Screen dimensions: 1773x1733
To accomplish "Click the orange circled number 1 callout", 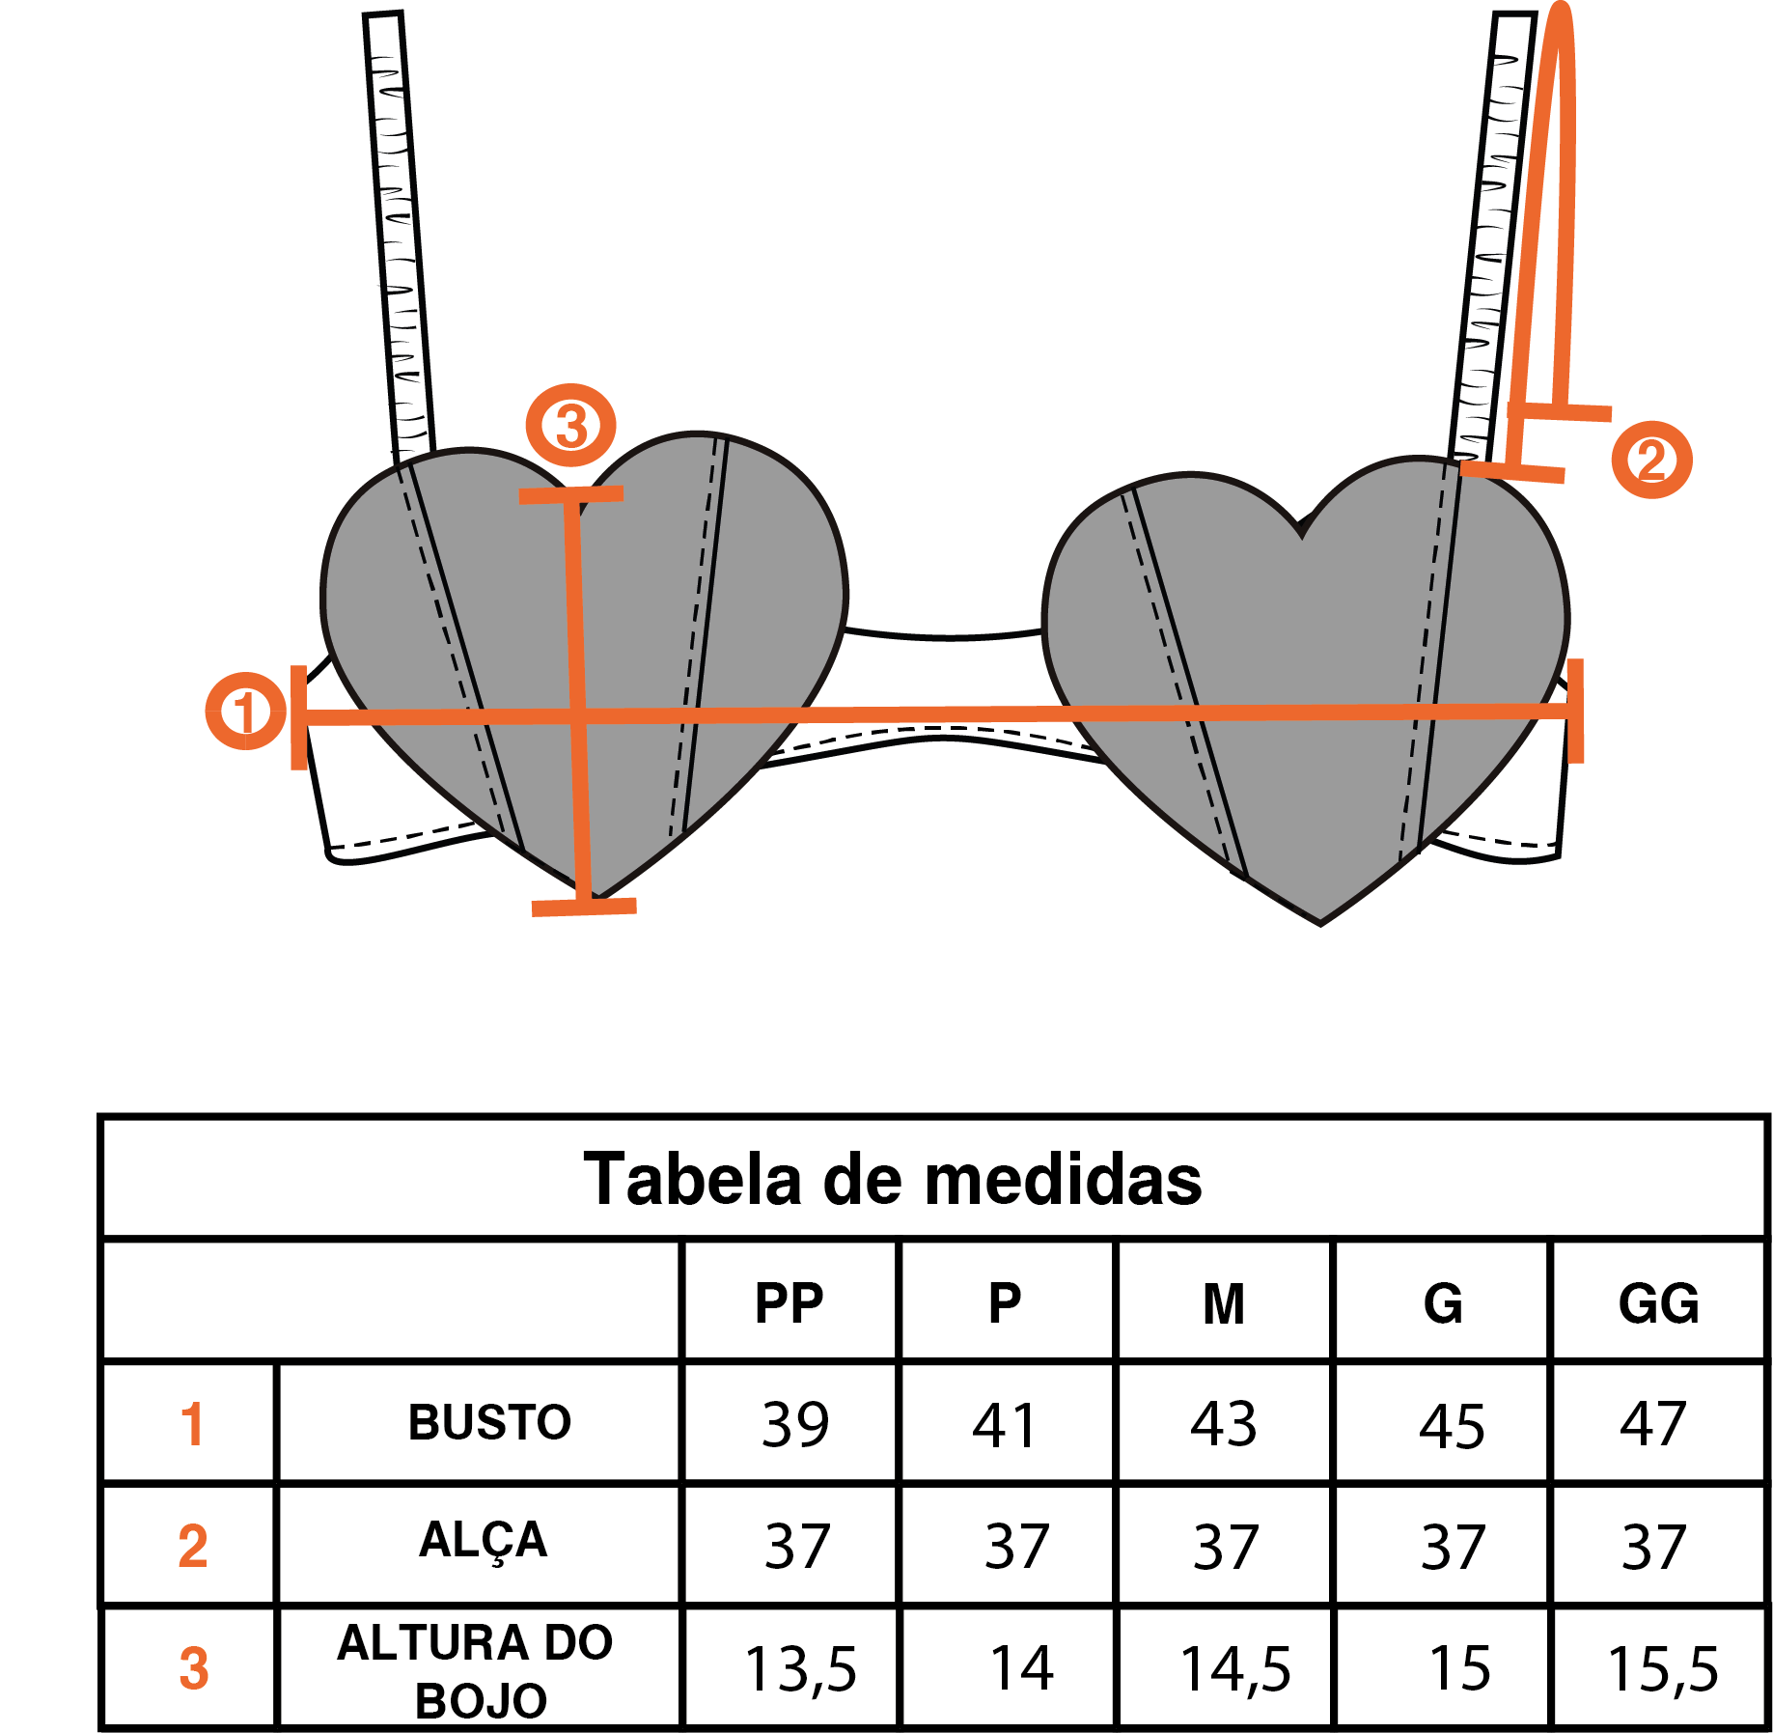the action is point(245,711).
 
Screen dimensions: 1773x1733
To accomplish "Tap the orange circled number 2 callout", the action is point(1651,460).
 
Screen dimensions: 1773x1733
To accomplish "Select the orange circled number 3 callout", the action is point(570,425).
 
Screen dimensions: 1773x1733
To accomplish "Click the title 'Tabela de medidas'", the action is point(893,1179).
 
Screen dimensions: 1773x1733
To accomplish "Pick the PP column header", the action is point(789,1303).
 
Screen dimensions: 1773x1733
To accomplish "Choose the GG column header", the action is point(1658,1303).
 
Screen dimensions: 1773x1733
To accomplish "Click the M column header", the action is point(1224,1303).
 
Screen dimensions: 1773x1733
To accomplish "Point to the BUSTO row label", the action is point(489,1422).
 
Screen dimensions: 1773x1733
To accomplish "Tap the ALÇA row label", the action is point(483,1540).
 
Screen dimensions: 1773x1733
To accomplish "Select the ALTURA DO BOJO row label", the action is point(476,1671).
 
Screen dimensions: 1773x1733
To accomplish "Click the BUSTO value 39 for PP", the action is point(795,1424).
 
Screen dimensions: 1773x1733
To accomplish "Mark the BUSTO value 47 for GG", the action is point(1653,1423).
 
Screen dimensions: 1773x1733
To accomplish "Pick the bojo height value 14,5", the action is point(1235,1669).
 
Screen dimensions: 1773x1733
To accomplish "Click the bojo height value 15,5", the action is point(1663,1669).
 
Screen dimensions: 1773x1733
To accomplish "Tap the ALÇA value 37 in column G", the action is point(1453,1547).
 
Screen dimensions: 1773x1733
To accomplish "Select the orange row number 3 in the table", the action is point(194,1668).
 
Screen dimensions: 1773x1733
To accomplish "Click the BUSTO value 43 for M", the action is point(1224,1423).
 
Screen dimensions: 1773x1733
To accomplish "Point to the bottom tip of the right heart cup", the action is point(1320,924).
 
